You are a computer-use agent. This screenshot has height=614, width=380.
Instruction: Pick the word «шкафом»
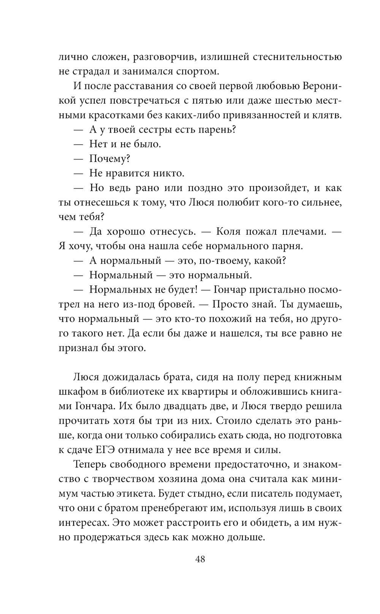click(76, 392)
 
